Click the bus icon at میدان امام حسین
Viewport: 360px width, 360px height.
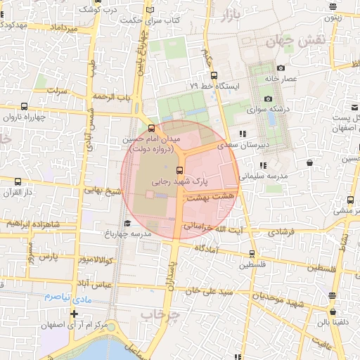click(x=152, y=128)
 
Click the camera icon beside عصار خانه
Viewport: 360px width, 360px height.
click(x=281, y=68)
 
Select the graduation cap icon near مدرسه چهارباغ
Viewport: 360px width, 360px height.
click(x=127, y=224)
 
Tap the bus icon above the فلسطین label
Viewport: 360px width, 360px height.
click(x=252, y=254)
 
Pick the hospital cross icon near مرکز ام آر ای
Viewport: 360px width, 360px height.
click(x=74, y=313)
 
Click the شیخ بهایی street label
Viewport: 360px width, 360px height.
click(x=103, y=191)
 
